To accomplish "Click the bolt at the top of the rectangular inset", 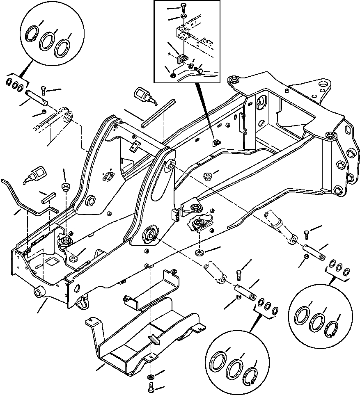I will coord(183,7).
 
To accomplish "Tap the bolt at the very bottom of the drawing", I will coord(151,387).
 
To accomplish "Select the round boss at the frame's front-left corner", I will coord(39,292).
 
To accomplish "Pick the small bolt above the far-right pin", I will coord(307,233).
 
